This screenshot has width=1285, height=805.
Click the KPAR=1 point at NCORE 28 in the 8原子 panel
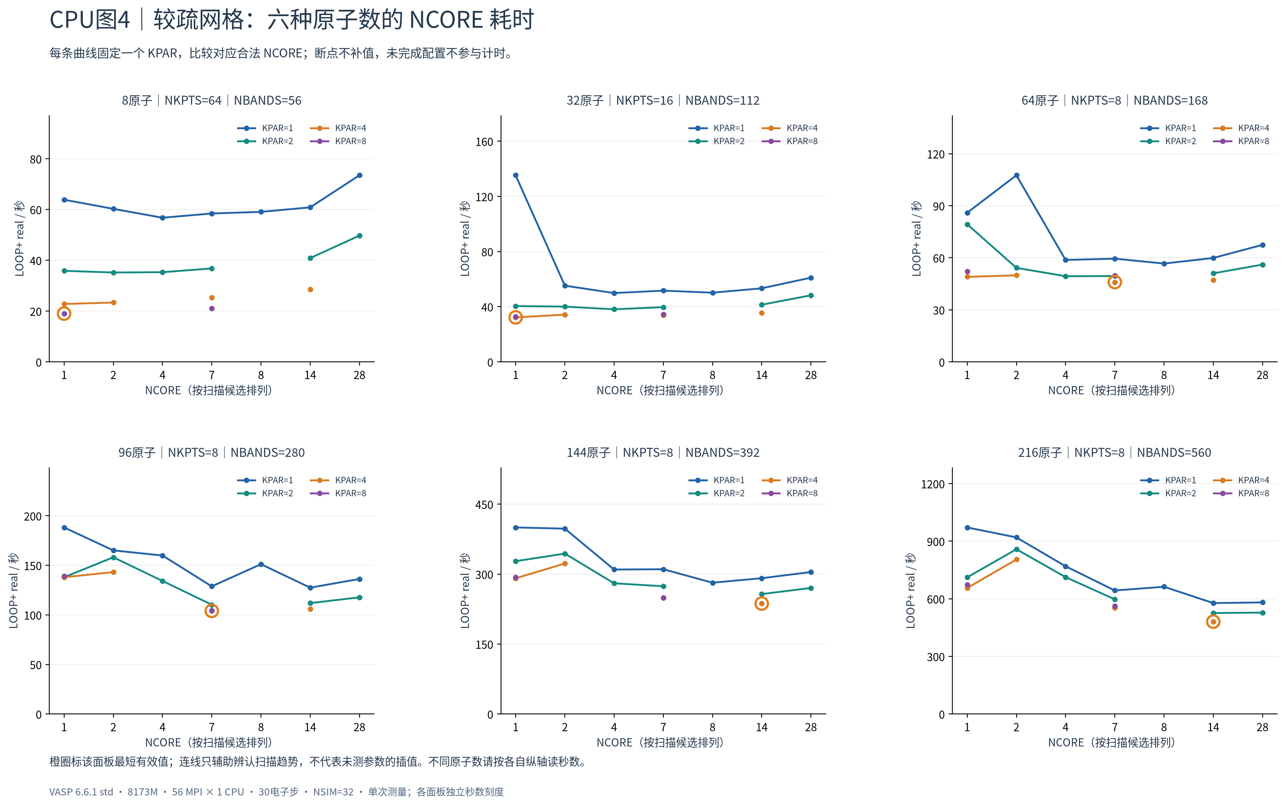pos(359,175)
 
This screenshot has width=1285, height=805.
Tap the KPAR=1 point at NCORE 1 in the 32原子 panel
pos(515,175)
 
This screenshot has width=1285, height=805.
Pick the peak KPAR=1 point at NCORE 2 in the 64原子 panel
pos(1016,175)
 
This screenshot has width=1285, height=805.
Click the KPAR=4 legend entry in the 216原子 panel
pos(1241,480)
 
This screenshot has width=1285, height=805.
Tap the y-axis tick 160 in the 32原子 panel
pos(485,142)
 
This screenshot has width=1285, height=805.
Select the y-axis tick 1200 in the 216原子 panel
pos(933,484)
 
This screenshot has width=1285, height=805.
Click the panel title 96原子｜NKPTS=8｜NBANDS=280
pos(211,453)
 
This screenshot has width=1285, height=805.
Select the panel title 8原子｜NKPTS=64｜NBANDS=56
pos(211,100)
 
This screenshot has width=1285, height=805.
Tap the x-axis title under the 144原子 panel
pos(660,742)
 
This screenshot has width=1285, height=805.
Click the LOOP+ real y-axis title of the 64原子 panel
pos(916,239)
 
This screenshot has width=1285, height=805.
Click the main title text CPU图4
pos(90,20)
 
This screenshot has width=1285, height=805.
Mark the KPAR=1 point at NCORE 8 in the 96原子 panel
pos(261,564)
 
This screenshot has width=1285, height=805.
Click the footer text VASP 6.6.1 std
pos(81,792)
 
